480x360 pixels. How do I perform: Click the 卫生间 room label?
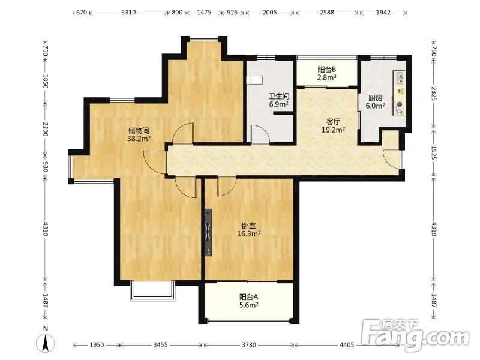(279, 97)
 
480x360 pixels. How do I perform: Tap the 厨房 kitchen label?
(376, 98)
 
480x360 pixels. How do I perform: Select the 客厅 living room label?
(334, 122)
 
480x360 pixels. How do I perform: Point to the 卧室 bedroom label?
(249, 226)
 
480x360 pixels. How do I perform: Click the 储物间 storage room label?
(139, 131)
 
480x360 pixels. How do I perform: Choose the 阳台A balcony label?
(248, 296)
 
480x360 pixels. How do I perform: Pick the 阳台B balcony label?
(326, 70)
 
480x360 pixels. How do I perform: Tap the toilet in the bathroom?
(254, 80)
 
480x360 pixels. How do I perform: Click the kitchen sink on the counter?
(400, 78)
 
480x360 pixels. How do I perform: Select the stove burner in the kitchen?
(400, 109)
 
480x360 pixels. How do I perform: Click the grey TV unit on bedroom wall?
(208, 232)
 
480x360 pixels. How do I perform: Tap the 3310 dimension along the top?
(128, 13)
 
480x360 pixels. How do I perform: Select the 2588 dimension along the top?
(326, 13)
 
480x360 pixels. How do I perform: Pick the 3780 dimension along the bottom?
(248, 345)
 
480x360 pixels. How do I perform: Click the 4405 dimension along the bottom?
(347, 345)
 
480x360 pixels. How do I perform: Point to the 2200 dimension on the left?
(46, 129)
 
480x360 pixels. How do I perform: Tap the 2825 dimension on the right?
(434, 94)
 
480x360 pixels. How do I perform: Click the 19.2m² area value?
(334, 130)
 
